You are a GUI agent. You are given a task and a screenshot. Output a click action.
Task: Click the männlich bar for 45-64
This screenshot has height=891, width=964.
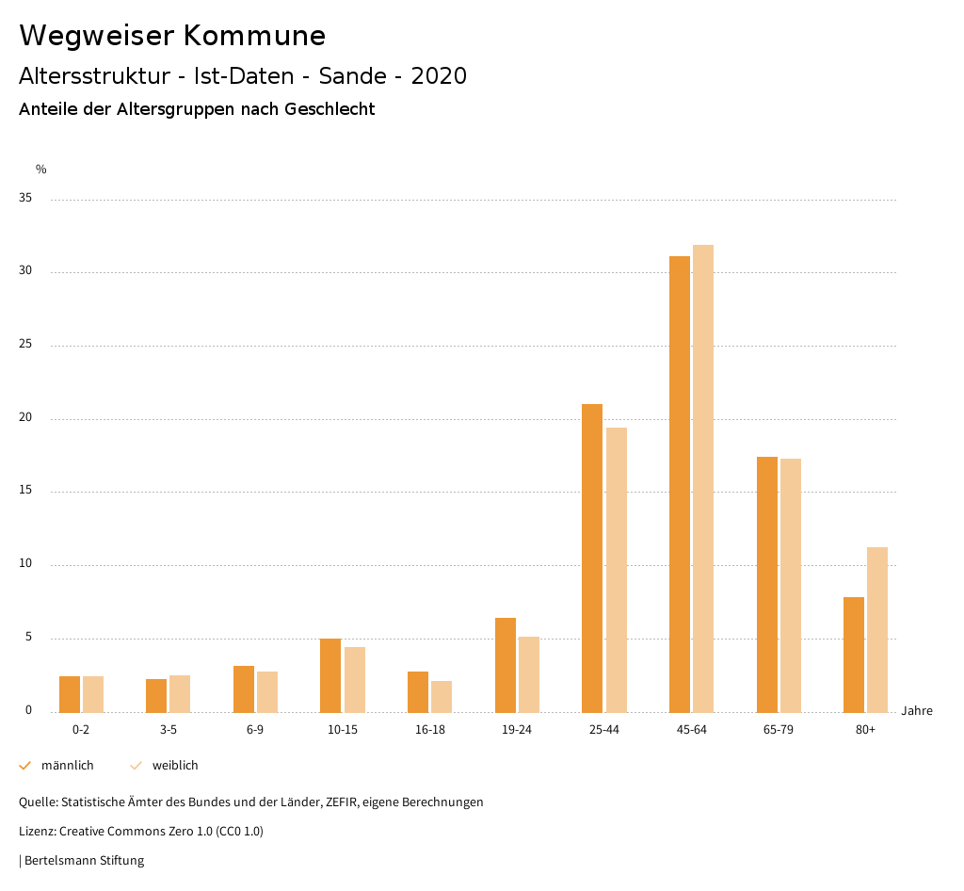[x=680, y=484]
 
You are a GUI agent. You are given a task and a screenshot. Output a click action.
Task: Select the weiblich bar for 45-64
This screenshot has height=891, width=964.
[x=703, y=478]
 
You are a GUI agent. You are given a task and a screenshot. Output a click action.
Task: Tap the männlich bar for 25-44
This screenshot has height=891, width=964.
[x=592, y=558]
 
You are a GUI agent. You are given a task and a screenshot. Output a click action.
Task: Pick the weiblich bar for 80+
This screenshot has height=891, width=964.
[x=877, y=629]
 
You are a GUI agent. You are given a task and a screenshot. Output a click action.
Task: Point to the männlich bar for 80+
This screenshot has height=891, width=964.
[x=854, y=655]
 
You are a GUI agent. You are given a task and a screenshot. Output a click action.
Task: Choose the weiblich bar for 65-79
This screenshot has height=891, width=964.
[x=791, y=585]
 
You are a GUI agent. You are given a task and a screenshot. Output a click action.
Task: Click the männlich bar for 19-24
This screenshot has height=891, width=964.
[x=506, y=665]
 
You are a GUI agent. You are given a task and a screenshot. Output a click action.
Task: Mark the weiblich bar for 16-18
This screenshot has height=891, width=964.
[x=442, y=696]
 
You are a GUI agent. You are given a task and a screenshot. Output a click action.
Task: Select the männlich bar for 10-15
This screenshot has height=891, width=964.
[x=330, y=675]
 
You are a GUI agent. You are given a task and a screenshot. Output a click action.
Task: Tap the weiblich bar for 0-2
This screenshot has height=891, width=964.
[x=93, y=694]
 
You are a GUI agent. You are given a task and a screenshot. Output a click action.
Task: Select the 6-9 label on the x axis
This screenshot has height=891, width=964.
[x=255, y=730]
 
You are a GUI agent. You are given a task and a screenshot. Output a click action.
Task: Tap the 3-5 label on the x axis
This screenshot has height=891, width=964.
[x=169, y=730]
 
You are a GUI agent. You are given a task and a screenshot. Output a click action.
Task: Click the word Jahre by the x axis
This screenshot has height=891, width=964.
[x=917, y=711]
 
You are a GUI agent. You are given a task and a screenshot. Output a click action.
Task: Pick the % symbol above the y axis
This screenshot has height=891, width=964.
[x=41, y=170]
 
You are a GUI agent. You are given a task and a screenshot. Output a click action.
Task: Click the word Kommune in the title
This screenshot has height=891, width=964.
[x=254, y=36]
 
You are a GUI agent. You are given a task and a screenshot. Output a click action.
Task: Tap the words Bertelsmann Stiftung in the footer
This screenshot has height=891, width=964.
[x=84, y=861]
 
